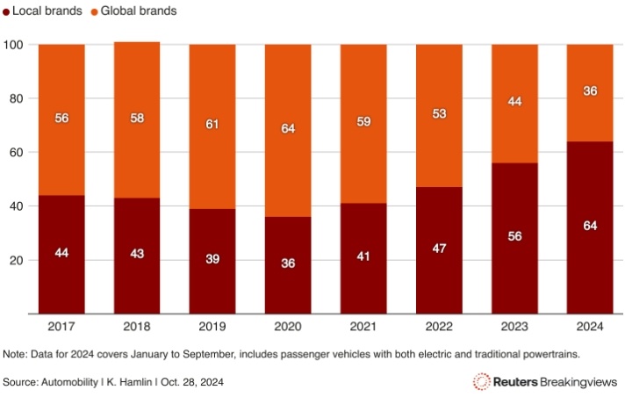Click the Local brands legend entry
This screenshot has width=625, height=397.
[46, 11]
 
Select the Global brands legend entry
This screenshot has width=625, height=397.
[138, 11]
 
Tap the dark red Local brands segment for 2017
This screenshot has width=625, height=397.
[61, 254]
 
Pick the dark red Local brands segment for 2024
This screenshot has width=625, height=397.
[589, 227]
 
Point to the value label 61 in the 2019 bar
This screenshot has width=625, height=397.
[212, 125]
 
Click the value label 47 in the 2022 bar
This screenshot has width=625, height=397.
[439, 249]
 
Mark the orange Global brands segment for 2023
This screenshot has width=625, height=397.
[514, 103]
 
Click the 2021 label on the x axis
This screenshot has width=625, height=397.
[363, 326]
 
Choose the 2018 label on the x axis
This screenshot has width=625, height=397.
[137, 326]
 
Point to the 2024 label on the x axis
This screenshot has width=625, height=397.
[589, 326]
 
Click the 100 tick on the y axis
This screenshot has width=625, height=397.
[15, 45]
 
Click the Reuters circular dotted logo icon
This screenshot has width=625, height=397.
[481, 381]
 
